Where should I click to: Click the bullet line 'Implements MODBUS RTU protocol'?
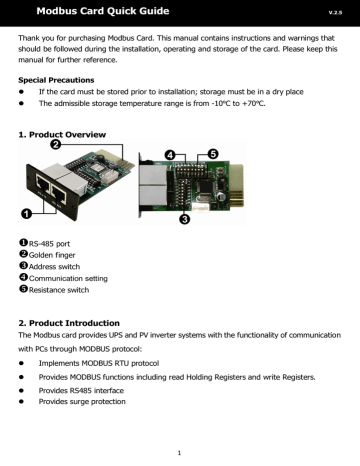(x=109, y=362)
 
